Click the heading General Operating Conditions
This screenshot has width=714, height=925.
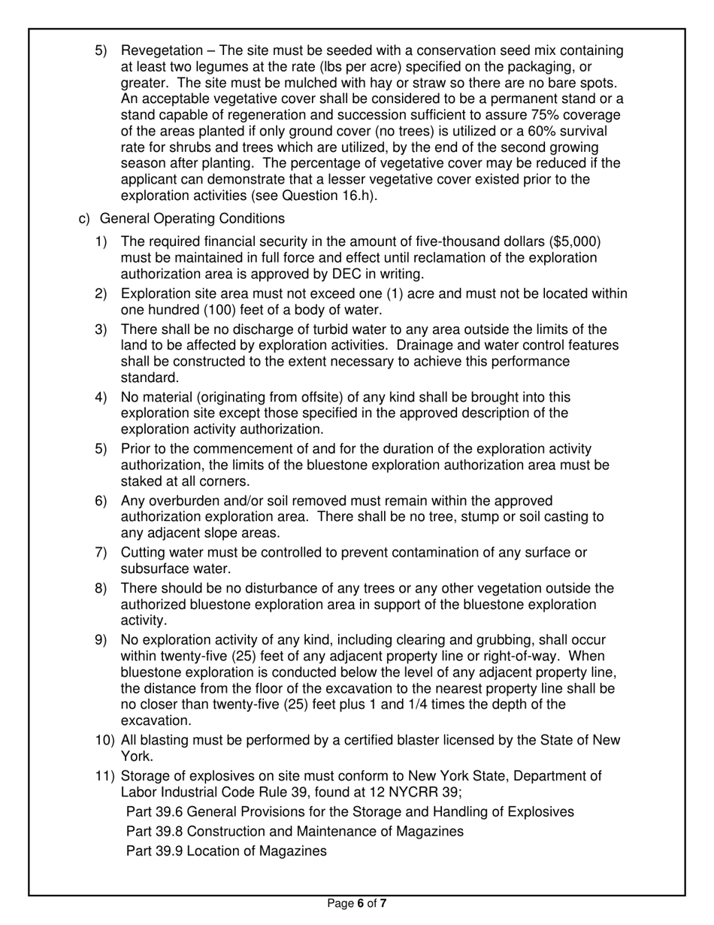[192, 219]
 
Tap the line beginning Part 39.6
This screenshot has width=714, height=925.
[350, 812]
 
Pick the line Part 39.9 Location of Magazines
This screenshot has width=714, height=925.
[226, 851]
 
